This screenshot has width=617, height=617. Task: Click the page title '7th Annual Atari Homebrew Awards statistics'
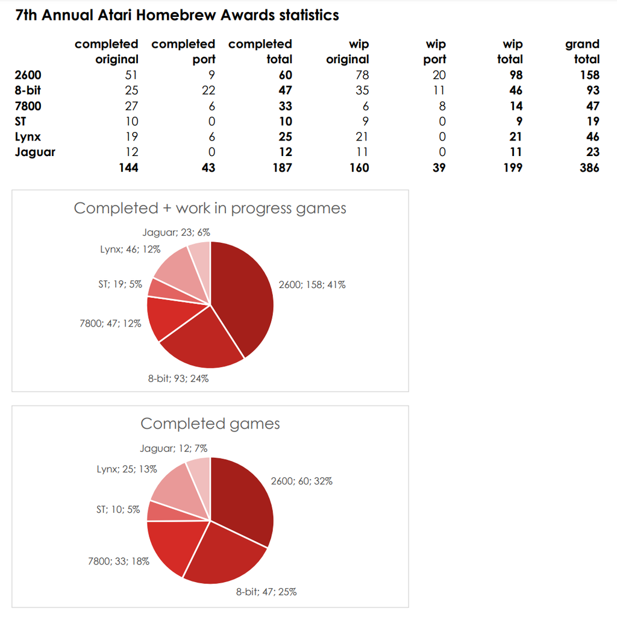click(177, 15)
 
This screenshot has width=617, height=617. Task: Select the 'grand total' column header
click(581, 51)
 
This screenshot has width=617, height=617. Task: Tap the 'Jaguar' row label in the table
click(35, 152)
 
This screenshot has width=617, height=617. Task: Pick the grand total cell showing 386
click(588, 168)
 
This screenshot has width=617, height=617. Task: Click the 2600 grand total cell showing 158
click(588, 75)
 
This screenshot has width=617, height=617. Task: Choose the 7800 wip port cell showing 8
click(442, 106)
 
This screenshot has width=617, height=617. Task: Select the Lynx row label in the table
click(28, 137)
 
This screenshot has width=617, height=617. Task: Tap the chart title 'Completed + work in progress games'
click(210, 208)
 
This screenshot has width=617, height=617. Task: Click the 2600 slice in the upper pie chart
click(244, 295)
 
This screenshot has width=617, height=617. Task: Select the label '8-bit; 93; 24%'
click(178, 378)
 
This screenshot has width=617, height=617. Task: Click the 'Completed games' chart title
click(210, 424)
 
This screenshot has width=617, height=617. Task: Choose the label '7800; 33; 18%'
click(119, 561)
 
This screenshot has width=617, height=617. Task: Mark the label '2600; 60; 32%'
click(302, 481)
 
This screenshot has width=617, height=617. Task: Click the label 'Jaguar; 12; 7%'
click(174, 448)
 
